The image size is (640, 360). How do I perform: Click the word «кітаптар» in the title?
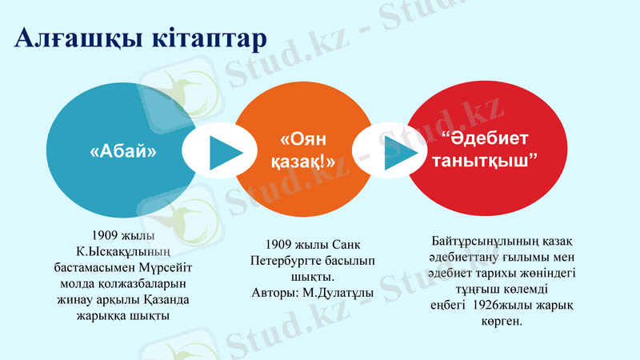tap(205, 38)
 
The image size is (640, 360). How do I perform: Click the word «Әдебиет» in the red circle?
tap(488, 140)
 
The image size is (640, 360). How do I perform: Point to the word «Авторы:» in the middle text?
tap(274, 293)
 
